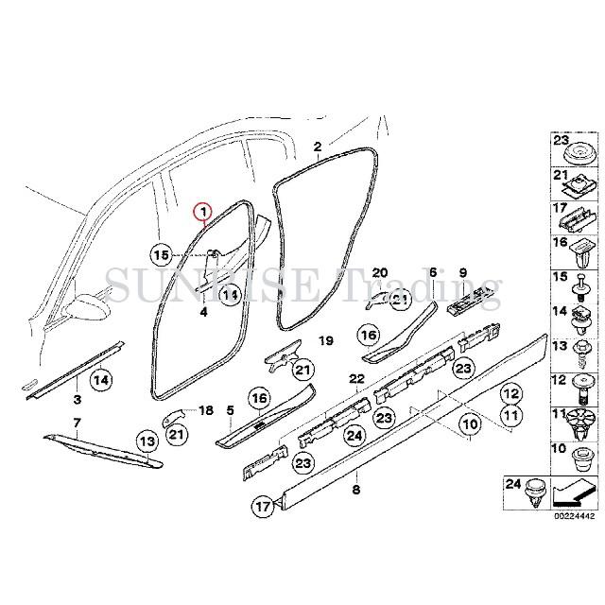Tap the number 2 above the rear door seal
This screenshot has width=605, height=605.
pyautogui.click(x=318, y=147)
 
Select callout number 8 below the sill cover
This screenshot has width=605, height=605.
pyautogui.click(x=355, y=490)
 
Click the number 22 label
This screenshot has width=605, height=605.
pyautogui.click(x=355, y=379)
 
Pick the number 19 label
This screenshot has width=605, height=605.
pyautogui.click(x=324, y=340)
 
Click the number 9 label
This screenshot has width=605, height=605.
pyautogui.click(x=463, y=273)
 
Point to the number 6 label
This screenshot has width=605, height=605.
pyautogui.click(x=432, y=273)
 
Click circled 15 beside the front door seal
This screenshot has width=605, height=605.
pyautogui.click(x=162, y=254)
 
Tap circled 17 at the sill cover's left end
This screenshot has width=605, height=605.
pyautogui.click(x=263, y=508)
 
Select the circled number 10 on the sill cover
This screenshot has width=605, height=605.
pyautogui.click(x=443, y=426)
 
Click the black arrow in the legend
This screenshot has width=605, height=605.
pyautogui.click(x=574, y=491)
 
